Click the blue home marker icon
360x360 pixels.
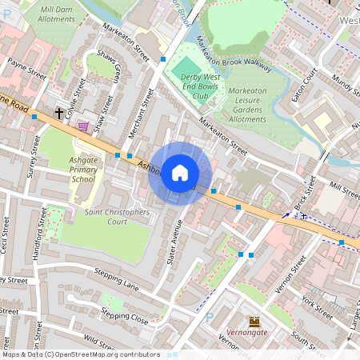[180, 173]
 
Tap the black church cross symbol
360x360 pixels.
[59, 113]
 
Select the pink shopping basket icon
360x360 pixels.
[83, 126]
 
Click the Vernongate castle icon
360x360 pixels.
[255, 321]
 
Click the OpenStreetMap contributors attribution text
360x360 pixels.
[80, 354]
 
